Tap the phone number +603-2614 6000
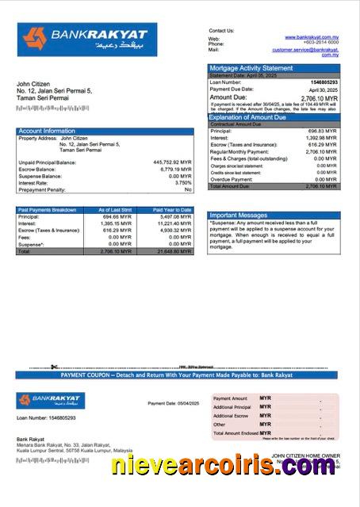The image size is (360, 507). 320,44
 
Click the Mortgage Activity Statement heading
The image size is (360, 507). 250,68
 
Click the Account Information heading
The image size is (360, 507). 47,131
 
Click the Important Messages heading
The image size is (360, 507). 237,215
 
